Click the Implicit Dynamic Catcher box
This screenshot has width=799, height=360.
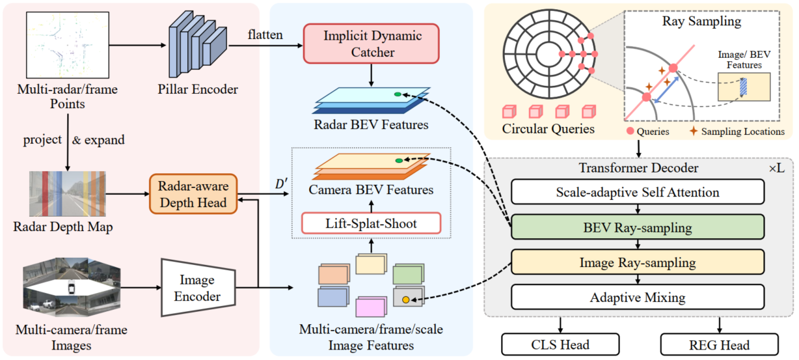coord(372,44)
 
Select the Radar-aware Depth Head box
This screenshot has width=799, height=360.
coord(193,194)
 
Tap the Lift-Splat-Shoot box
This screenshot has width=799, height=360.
coord(372,223)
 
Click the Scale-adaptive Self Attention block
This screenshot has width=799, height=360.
coord(638,192)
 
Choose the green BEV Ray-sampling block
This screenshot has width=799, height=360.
coord(638,227)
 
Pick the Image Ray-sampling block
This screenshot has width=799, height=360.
coord(638,262)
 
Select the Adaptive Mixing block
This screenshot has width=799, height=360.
coord(638,298)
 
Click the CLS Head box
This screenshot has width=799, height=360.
coord(560,344)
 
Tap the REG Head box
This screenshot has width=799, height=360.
coord(720,344)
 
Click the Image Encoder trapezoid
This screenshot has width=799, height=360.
coord(198,288)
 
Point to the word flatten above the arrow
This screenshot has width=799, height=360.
coord(265,35)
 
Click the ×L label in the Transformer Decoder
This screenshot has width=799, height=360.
coord(776,168)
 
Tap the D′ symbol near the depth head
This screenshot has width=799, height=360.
coord(281,184)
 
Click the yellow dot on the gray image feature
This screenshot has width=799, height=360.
coord(405,299)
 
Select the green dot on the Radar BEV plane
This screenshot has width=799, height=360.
coord(398,94)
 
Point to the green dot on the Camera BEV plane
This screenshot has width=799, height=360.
coord(399,161)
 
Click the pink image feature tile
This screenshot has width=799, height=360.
coord(372,307)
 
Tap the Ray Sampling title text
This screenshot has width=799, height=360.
coord(701,21)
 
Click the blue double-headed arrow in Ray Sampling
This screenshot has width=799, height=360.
coord(666,90)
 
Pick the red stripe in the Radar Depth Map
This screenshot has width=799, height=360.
coord(46,194)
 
